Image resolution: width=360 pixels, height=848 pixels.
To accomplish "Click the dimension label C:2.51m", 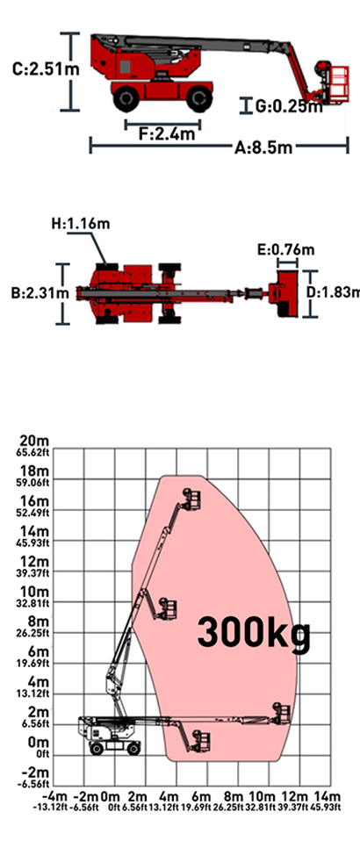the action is tap(46, 69).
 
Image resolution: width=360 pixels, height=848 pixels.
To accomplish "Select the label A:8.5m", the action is tap(263, 147).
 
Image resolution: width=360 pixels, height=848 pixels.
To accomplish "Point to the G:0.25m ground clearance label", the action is tap(289, 106).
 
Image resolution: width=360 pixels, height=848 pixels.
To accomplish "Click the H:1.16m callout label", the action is tap(81, 223).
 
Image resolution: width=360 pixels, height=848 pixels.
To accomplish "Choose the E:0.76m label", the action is tap(285, 250).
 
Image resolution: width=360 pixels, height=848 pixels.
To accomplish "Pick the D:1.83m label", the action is tap(333, 292).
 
